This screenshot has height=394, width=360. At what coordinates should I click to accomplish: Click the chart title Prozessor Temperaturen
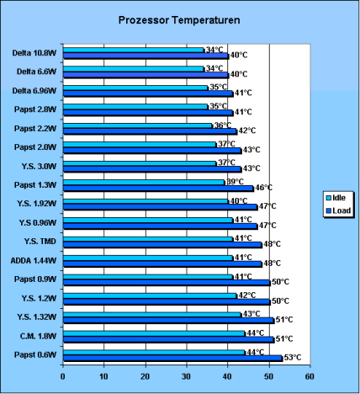179,20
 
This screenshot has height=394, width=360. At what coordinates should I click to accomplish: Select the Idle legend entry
336,198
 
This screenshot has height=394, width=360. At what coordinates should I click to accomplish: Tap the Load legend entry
338,210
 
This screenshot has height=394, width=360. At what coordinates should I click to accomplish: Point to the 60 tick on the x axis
310,376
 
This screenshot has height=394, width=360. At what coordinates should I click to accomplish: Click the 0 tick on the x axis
63,376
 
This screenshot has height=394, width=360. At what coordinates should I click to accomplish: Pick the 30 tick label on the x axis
186,376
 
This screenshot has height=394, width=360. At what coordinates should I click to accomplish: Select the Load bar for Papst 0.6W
172,358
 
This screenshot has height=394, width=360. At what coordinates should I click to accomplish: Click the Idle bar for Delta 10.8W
134,50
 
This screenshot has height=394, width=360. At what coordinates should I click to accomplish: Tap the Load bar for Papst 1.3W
158,189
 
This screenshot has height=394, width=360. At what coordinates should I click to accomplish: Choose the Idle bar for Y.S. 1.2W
150,295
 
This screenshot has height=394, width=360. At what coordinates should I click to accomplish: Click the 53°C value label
293,358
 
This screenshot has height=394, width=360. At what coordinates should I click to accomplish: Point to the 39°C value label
235,182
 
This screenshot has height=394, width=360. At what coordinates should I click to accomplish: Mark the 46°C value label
263,188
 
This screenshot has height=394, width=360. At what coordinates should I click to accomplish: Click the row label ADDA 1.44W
34,261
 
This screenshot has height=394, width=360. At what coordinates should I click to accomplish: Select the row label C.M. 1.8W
38,336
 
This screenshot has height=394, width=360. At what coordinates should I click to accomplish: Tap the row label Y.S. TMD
40,242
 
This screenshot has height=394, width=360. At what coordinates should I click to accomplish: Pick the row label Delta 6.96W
34,91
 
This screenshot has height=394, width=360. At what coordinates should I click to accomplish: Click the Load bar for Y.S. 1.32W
169,321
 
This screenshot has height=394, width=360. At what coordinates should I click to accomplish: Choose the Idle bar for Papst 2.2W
138,125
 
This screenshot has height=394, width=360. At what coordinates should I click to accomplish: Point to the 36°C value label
223,125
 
